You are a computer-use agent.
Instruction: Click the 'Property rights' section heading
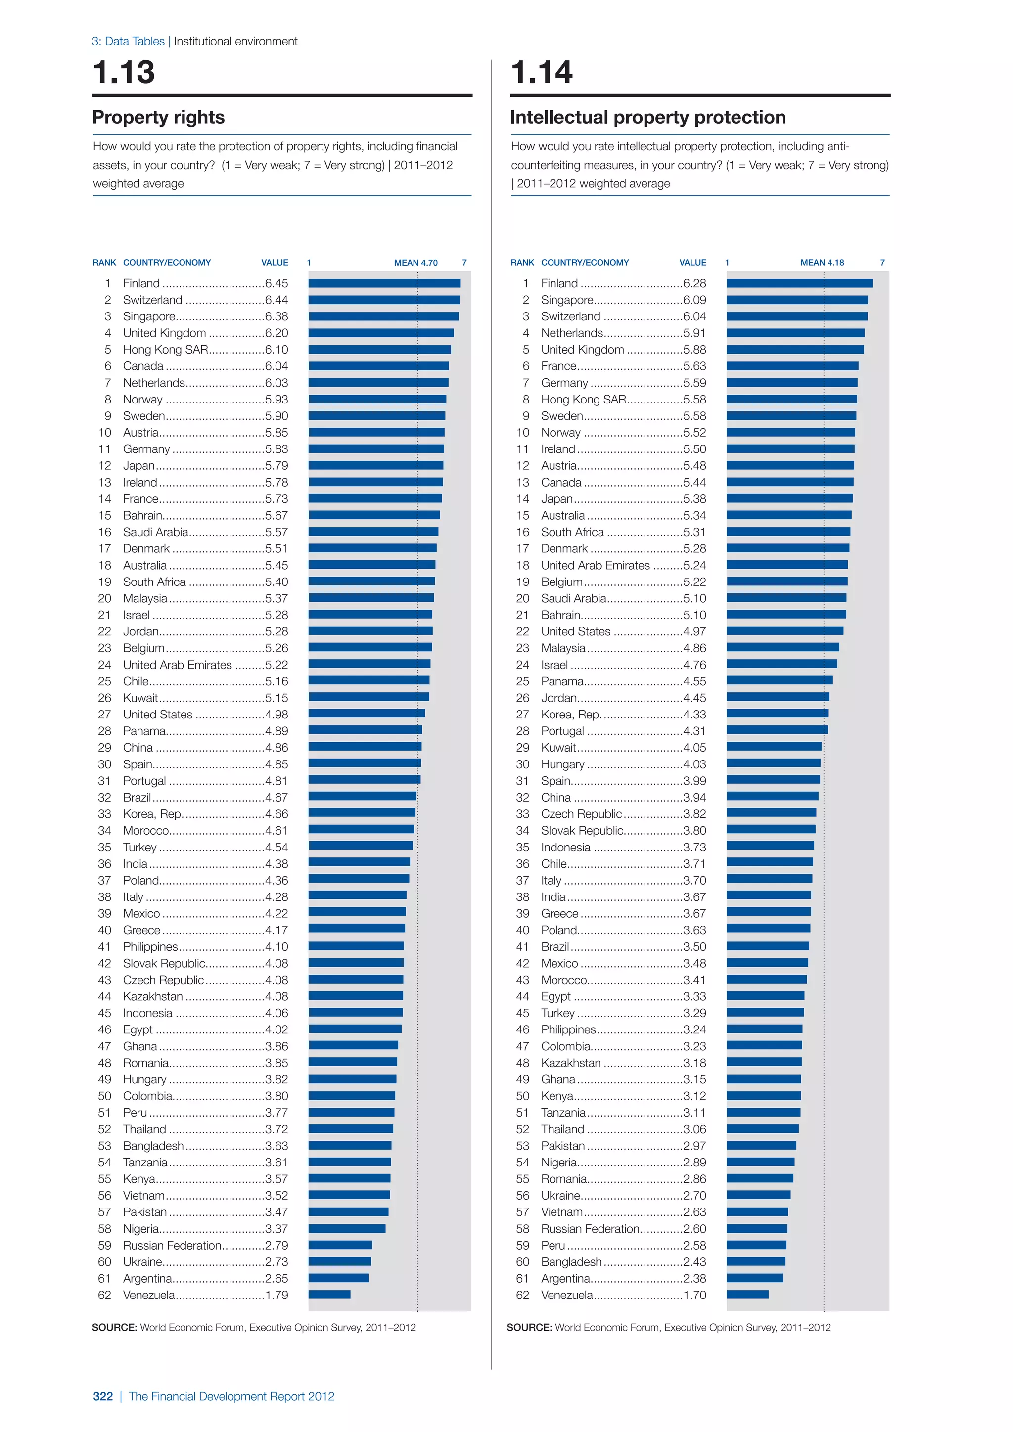[x=158, y=117]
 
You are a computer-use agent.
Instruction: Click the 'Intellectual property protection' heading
[x=647, y=117]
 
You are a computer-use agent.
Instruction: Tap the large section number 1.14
[x=542, y=72]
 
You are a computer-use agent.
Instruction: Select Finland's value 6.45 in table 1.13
[x=276, y=283]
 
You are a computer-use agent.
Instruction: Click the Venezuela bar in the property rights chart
[x=329, y=1294]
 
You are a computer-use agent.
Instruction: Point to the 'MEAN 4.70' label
[x=415, y=263]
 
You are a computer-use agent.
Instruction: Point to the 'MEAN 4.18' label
[x=822, y=263]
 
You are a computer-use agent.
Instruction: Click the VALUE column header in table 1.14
[x=692, y=263]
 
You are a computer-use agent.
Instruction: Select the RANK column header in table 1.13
[x=104, y=263]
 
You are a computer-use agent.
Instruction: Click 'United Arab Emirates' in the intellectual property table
[x=595, y=565]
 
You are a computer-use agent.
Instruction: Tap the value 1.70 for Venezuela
[x=694, y=1295]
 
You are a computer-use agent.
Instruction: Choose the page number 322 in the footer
[x=103, y=1396]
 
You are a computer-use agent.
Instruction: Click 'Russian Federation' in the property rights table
[x=172, y=1245]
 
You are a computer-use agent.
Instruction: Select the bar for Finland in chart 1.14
[x=799, y=283]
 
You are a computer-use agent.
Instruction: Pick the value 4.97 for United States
[x=694, y=631]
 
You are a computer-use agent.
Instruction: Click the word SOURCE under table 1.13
[x=114, y=1327]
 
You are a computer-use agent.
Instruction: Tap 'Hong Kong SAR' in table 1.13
[x=165, y=349]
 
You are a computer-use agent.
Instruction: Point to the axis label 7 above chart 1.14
[x=882, y=263]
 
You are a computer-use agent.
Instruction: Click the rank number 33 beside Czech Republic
[x=522, y=814]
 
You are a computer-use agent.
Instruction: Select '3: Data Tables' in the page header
[x=128, y=41]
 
